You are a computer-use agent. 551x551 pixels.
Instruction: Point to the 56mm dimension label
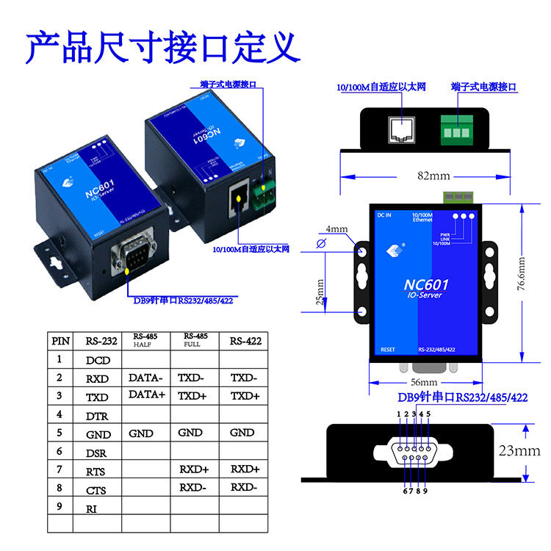(423, 383)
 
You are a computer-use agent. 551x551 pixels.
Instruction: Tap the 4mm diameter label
(336, 229)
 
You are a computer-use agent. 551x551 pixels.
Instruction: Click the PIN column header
(60, 341)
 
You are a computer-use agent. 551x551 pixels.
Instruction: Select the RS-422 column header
(245, 341)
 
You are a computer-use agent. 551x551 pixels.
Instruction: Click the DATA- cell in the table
(145, 378)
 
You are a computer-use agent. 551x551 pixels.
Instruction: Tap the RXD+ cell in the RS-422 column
(245, 469)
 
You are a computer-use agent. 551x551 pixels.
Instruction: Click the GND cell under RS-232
(98, 434)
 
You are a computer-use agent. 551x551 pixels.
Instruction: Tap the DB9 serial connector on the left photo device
(132, 254)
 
